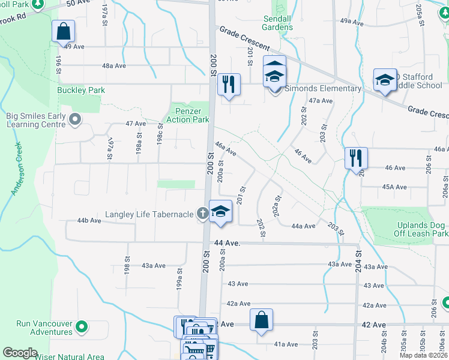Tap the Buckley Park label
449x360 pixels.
tap(81, 90)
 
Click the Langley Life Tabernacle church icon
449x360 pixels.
tap(203, 213)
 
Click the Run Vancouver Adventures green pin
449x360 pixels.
tap(82, 327)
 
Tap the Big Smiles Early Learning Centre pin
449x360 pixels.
tap(75, 119)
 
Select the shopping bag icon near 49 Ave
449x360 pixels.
tap(64, 32)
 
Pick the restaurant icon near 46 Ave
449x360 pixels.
tap(356, 158)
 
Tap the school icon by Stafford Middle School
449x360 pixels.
tap(384, 80)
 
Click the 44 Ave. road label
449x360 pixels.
tap(227, 243)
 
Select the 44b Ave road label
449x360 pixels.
tap(89, 221)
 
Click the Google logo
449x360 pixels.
tap(20, 353)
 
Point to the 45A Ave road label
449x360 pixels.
tap(395, 187)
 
